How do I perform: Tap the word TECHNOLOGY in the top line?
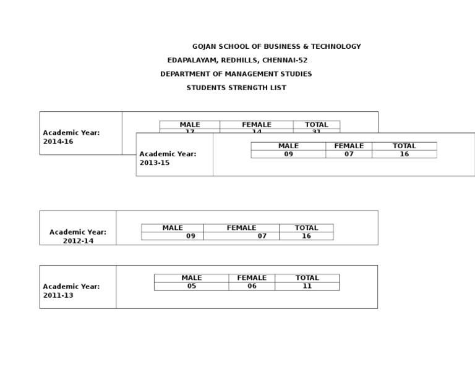point(336,46)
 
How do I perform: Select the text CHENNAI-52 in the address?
point(286,61)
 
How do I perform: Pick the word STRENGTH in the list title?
point(246,88)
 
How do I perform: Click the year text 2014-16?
point(58,141)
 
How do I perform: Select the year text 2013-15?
point(155,163)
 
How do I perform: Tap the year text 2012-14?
point(78,241)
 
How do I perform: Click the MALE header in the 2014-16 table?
point(190,125)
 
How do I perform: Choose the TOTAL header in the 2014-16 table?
point(317,125)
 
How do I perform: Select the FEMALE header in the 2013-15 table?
point(349,146)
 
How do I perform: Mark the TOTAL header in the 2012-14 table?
point(306,228)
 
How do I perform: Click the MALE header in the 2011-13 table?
point(192,278)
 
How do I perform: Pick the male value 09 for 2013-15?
point(288,154)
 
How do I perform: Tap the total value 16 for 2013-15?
point(404,154)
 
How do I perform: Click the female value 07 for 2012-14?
point(262,236)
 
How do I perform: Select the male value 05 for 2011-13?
point(192,286)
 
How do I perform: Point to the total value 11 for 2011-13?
point(307,286)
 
